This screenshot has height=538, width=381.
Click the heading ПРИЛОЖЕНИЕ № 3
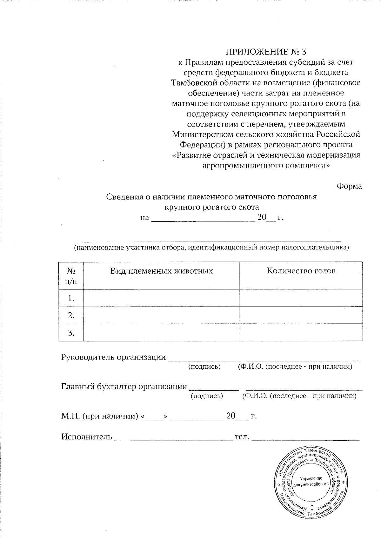266,51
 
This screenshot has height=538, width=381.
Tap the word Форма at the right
349,186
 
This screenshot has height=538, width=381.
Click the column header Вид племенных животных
161,271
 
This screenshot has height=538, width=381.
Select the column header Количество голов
301,271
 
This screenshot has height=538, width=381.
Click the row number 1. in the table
71,298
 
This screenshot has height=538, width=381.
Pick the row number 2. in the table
71,315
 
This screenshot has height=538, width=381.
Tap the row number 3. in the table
71,333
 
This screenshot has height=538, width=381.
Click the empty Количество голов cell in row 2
301,315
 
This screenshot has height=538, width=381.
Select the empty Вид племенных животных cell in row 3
161,333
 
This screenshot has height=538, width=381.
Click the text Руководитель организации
113,357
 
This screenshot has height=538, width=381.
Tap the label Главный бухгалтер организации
124,386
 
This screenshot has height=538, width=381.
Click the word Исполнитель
86,437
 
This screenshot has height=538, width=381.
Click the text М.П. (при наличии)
100,416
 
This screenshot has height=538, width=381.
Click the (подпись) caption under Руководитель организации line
204,367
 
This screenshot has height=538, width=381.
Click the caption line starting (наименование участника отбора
211,247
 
